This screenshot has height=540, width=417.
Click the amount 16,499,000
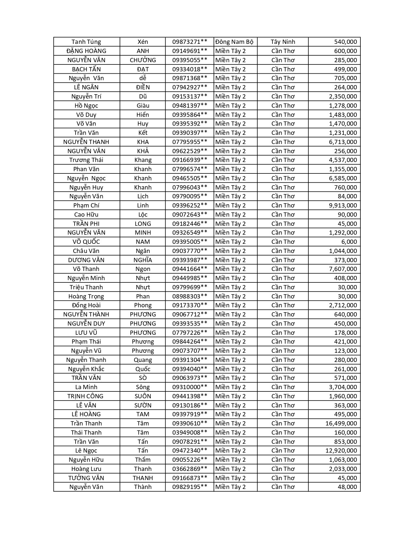pyautogui.click(x=341, y=423)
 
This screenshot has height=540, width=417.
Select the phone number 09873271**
pyautogui.click(x=190, y=42)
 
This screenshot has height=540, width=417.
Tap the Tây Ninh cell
pyautogui.click(x=283, y=42)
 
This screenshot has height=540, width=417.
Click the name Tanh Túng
pyautogui.click(x=86, y=42)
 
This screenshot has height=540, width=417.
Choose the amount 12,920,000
pyautogui.click(x=341, y=450)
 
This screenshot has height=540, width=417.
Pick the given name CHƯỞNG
pyautogui.click(x=143, y=60)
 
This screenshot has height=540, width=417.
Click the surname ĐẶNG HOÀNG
pyautogui.click(x=86, y=51)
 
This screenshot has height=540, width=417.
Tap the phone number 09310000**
pyautogui.click(x=190, y=387)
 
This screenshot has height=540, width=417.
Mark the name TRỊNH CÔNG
pyautogui.click(x=85, y=396)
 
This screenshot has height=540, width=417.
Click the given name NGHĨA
pyautogui.click(x=143, y=260)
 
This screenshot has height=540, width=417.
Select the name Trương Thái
pyautogui.click(x=86, y=160)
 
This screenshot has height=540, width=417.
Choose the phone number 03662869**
pyautogui.click(x=190, y=469)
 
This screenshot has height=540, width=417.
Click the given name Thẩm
pyautogui.click(x=143, y=459)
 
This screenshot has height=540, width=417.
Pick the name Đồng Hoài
pyautogui.click(x=86, y=305)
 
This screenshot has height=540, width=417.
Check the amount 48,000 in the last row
pyautogui.click(x=347, y=487)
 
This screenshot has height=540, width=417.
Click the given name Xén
pyautogui.click(x=143, y=42)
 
